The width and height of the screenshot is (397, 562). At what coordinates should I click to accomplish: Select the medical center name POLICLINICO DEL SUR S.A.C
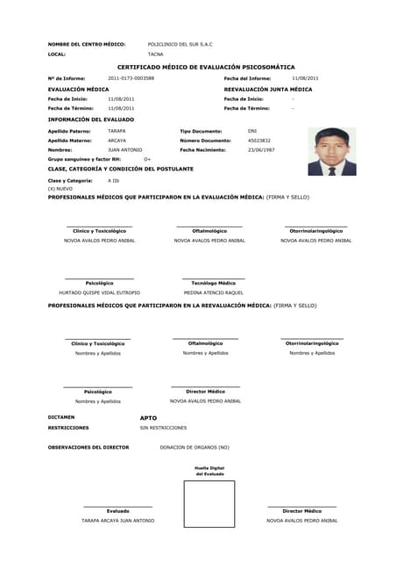pos(180,43)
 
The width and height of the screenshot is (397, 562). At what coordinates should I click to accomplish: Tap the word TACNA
pos(155,54)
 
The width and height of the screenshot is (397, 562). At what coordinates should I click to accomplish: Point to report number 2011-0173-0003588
pos(131,78)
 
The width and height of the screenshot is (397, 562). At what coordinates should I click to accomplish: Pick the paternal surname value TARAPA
pos(117,130)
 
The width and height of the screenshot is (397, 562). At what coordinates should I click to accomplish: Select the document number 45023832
pos(259,140)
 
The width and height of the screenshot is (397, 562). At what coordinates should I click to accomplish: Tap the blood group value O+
pos(147,159)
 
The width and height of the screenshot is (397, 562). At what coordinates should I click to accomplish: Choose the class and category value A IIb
pos(114,180)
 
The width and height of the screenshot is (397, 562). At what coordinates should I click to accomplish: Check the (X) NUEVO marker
pos(60,189)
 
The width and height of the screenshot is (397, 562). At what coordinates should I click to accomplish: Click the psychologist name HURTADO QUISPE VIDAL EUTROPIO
pos(99,292)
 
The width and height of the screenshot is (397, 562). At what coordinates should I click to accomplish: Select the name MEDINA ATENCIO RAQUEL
pos(213,292)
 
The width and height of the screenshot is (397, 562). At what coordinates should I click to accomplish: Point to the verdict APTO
pos(148,417)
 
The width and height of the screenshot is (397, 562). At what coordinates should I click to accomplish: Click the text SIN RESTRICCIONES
pos(163,428)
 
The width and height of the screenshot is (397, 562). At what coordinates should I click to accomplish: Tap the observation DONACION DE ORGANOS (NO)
pos(194,447)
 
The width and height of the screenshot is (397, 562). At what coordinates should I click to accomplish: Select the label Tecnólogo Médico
pos(213,283)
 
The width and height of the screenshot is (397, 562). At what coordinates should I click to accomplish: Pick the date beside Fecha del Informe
pos(305,78)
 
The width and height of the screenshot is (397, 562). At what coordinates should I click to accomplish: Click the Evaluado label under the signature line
pos(117,510)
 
